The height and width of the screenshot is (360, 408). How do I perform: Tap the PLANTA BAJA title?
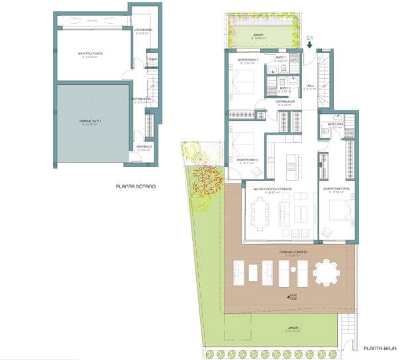[380, 347]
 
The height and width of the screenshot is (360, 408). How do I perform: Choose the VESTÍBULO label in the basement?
[144, 147]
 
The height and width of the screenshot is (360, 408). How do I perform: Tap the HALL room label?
[309, 86]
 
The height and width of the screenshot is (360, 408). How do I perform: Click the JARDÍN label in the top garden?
[258, 35]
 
